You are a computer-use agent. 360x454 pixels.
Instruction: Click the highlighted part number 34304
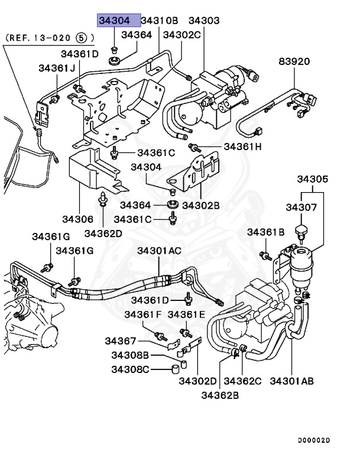(x=118, y=21)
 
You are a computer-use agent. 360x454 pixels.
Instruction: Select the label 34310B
(x=160, y=21)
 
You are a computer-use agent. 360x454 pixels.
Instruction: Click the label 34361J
(x=57, y=68)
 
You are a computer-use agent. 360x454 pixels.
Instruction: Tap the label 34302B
(x=201, y=205)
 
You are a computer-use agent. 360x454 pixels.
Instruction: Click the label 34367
(x=121, y=341)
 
